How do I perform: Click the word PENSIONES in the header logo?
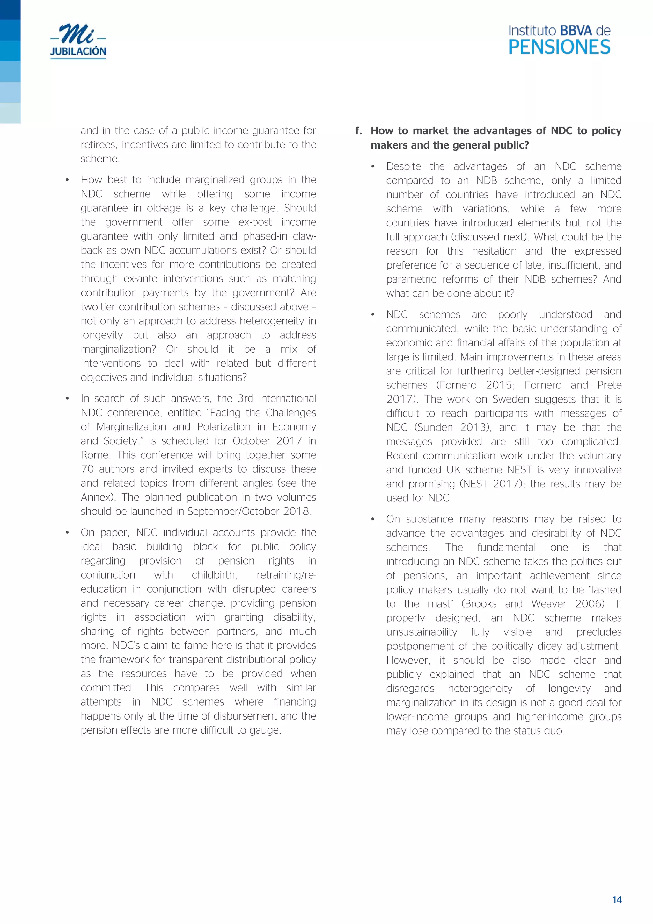tap(559, 48)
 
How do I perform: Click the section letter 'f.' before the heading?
tap(358, 131)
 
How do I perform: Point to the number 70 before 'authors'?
tap(87, 469)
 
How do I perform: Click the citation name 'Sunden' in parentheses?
tap(437, 427)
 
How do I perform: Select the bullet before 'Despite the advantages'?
tap(373, 166)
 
